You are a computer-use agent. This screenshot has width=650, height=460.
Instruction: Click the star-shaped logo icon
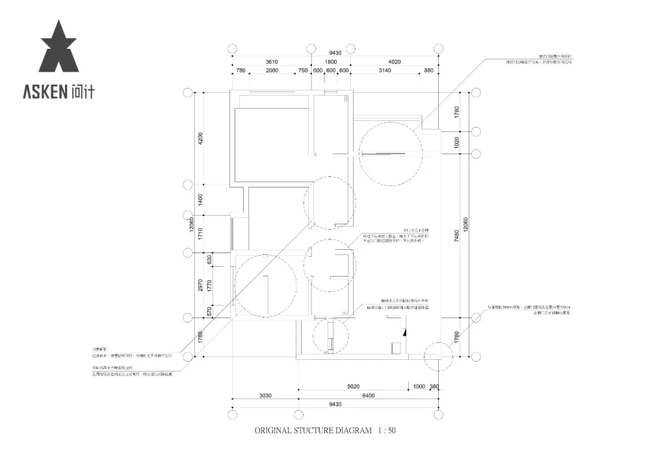click(x=58, y=47)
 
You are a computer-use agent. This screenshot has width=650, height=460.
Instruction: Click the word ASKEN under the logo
click(x=45, y=92)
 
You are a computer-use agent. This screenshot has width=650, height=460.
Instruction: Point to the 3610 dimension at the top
click(x=271, y=62)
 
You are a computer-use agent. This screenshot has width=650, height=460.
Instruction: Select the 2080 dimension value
click(x=272, y=71)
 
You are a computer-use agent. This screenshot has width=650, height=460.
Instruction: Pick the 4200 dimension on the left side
click(x=201, y=138)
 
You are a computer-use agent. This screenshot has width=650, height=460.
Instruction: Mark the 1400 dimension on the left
click(x=201, y=200)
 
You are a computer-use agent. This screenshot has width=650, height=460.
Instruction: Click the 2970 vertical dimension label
click(x=201, y=284)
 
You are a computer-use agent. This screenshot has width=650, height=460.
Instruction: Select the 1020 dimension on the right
click(x=457, y=142)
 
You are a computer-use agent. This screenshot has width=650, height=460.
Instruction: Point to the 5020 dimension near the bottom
click(x=353, y=386)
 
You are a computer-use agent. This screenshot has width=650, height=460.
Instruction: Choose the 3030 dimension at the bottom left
click(x=265, y=395)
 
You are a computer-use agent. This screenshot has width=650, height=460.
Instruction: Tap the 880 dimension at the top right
click(x=428, y=71)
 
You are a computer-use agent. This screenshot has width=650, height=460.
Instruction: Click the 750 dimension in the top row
click(x=303, y=71)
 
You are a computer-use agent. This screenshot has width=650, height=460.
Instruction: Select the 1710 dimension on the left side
click(x=201, y=234)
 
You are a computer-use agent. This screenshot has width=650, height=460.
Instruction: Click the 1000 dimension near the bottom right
click(x=419, y=386)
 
